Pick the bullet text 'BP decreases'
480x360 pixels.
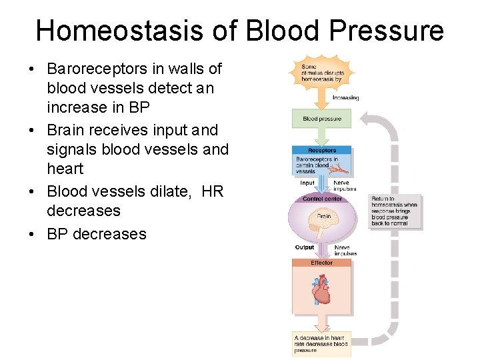pos(96,234)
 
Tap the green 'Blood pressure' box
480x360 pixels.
pos(321,119)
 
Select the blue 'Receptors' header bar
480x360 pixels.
pos(321,151)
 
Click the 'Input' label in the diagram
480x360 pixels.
pos(307,183)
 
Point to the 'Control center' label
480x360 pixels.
pos(322,199)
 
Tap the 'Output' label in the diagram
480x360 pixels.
pos(305,247)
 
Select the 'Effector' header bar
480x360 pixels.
pos(321,263)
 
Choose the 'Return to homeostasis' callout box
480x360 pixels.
pos(395,211)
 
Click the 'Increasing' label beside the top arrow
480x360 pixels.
pos(345,97)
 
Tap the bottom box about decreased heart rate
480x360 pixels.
pos(321,344)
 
